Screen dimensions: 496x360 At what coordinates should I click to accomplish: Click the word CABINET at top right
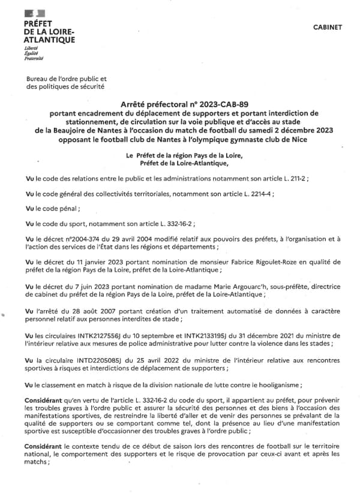pyautogui.click(x=328, y=27)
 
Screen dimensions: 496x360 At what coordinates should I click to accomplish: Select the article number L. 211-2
pyautogui.click(x=292, y=178)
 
